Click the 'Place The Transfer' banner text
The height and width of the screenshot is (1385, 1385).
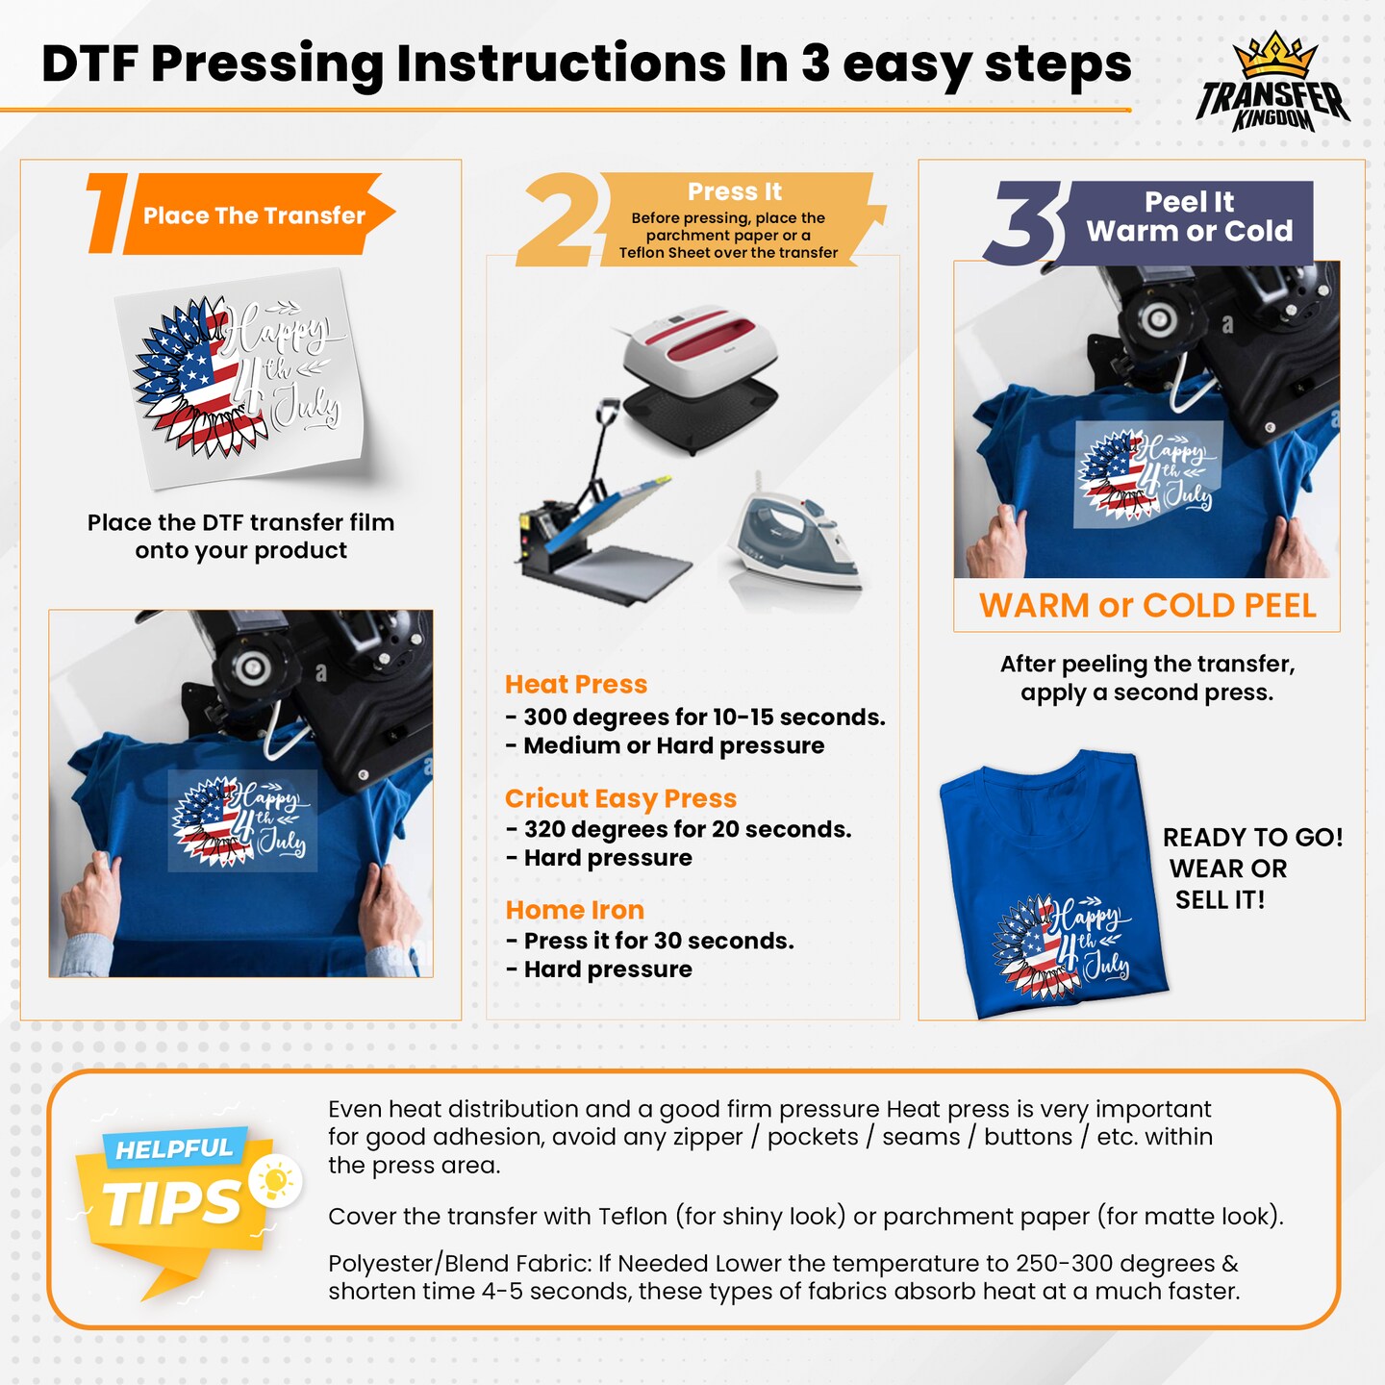point(254,215)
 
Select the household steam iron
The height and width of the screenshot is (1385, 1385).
point(794,541)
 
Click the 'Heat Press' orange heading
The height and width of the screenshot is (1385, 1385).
point(575,684)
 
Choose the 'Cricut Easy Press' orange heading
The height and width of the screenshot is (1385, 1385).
point(620,798)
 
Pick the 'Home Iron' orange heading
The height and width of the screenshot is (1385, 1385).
point(574,910)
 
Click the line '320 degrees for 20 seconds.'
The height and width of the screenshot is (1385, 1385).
point(687,829)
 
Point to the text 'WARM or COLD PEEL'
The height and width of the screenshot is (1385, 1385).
point(1146,606)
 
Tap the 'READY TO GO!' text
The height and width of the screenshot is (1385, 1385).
point(1252,837)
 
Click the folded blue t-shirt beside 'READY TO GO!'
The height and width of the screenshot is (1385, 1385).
point(1052,885)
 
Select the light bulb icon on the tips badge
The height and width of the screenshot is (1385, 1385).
point(275,1181)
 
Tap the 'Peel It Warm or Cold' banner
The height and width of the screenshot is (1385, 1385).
point(1189,217)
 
